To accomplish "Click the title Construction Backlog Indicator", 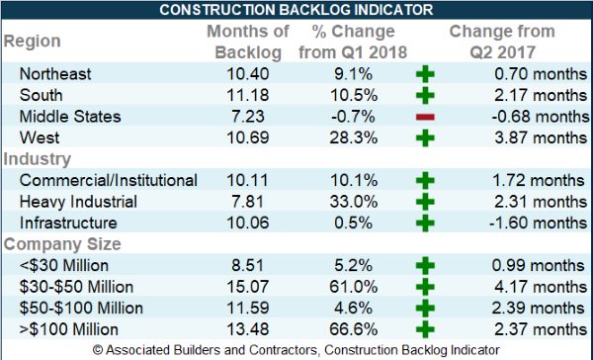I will point(296,11).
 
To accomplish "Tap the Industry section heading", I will point(38,158).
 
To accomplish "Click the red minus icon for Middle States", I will point(425,117).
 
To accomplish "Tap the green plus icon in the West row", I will point(425,137).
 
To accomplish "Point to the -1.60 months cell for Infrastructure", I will point(524,223).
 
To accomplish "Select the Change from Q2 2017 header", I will point(501,42).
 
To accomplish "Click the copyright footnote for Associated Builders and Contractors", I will point(296,350).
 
